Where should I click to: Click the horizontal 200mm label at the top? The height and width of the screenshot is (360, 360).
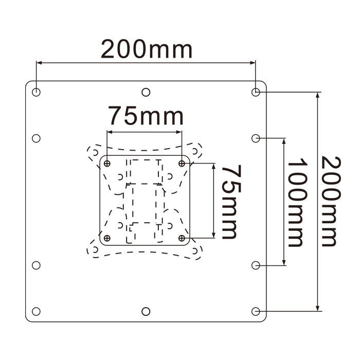tap(146, 50)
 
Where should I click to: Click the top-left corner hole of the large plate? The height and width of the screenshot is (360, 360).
tap(36, 92)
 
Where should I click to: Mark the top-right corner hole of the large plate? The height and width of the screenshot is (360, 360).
tap(256, 92)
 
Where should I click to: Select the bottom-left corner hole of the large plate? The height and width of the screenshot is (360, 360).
tap(36, 311)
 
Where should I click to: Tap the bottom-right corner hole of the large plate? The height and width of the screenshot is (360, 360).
tap(256, 311)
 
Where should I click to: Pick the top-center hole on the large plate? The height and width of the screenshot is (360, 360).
tap(146, 92)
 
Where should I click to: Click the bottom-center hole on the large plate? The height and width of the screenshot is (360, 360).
tap(146, 311)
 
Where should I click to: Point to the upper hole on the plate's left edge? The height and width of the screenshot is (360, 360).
tap(36, 138)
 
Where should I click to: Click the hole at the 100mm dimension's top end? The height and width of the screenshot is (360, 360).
tap(256, 138)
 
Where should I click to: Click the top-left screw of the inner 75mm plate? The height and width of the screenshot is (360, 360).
tap(107, 164)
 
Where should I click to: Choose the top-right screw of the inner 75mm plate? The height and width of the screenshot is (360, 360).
tap(182, 164)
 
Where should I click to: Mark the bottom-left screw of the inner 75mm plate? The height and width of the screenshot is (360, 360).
tap(107, 238)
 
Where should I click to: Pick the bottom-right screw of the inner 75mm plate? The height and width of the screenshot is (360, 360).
tap(182, 238)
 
